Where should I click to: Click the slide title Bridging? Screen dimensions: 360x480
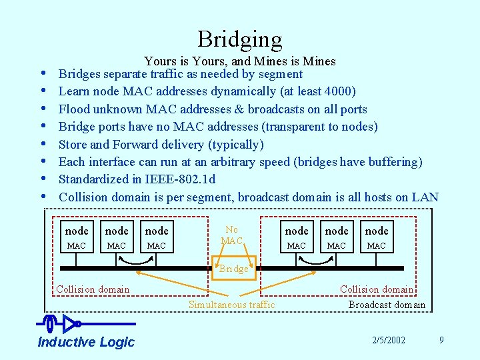[240, 39]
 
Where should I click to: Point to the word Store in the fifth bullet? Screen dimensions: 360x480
[73, 144]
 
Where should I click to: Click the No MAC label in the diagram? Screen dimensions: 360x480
[231, 235]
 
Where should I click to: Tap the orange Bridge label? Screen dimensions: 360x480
[234, 269]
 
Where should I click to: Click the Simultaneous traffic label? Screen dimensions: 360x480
[231, 305]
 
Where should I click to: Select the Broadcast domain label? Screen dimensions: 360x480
[387, 305]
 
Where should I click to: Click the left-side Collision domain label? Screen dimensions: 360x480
[93, 289]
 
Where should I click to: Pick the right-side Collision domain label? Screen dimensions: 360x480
[377, 289]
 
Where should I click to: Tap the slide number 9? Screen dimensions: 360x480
[441, 341]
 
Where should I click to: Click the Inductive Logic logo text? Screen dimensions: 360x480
[86, 342]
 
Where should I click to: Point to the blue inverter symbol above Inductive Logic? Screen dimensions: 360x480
[69, 324]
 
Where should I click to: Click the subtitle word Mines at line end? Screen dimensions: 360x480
[319, 61]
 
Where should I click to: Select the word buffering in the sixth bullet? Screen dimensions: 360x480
[392, 162]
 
